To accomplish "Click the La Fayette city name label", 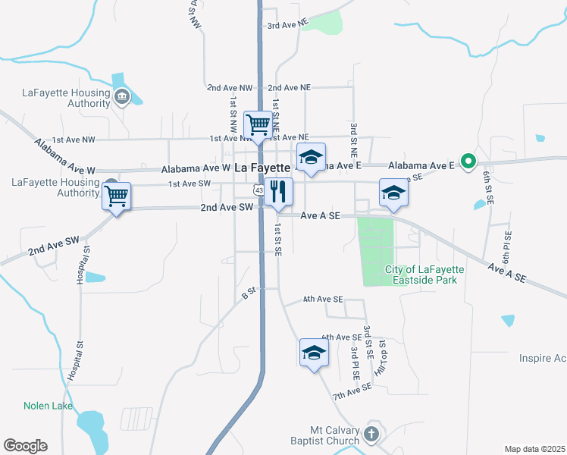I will pos(262,168).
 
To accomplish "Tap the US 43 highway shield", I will pos(259,190).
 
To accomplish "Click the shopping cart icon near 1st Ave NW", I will pos(258,124).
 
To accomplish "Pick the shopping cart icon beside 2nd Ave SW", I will pos(117,196).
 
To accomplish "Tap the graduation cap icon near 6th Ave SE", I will pos(313,352).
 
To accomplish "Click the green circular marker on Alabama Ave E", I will pos(468,161).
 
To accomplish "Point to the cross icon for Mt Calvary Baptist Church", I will pos(371,434).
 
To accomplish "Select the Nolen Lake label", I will pos(48,406).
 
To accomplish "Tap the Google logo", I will pos(25,445).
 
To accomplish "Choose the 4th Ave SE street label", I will pos(324,300).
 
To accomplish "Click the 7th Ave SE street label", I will pos(352,391).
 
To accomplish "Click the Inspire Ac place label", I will pos(542,358).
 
